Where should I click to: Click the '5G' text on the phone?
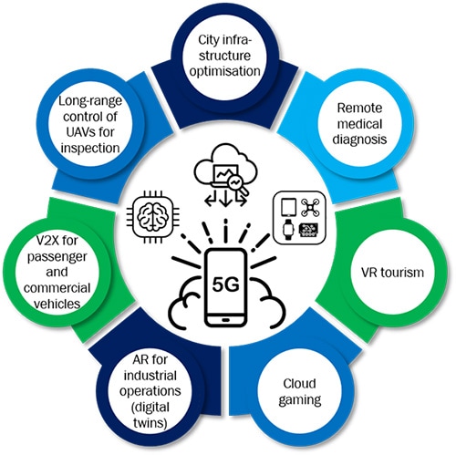click(x=225, y=284)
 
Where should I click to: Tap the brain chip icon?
click(x=152, y=216)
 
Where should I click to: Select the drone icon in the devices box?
click(x=310, y=207)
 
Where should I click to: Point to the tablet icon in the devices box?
click(x=288, y=207)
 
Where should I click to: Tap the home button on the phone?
click(x=225, y=320)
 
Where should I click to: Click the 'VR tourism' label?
click(x=392, y=273)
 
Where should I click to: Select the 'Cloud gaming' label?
click(x=300, y=392)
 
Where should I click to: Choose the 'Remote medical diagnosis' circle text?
click(x=359, y=124)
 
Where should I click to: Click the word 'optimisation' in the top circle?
click(x=225, y=71)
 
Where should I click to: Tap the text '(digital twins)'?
click(x=150, y=415)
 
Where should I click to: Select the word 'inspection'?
click(x=90, y=149)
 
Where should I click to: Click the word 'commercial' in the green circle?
click(x=57, y=288)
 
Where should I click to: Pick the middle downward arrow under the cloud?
click(x=225, y=200)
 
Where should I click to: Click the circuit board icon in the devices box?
click(x=309, y=230)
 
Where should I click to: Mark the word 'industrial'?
click(x=150, y=376)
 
